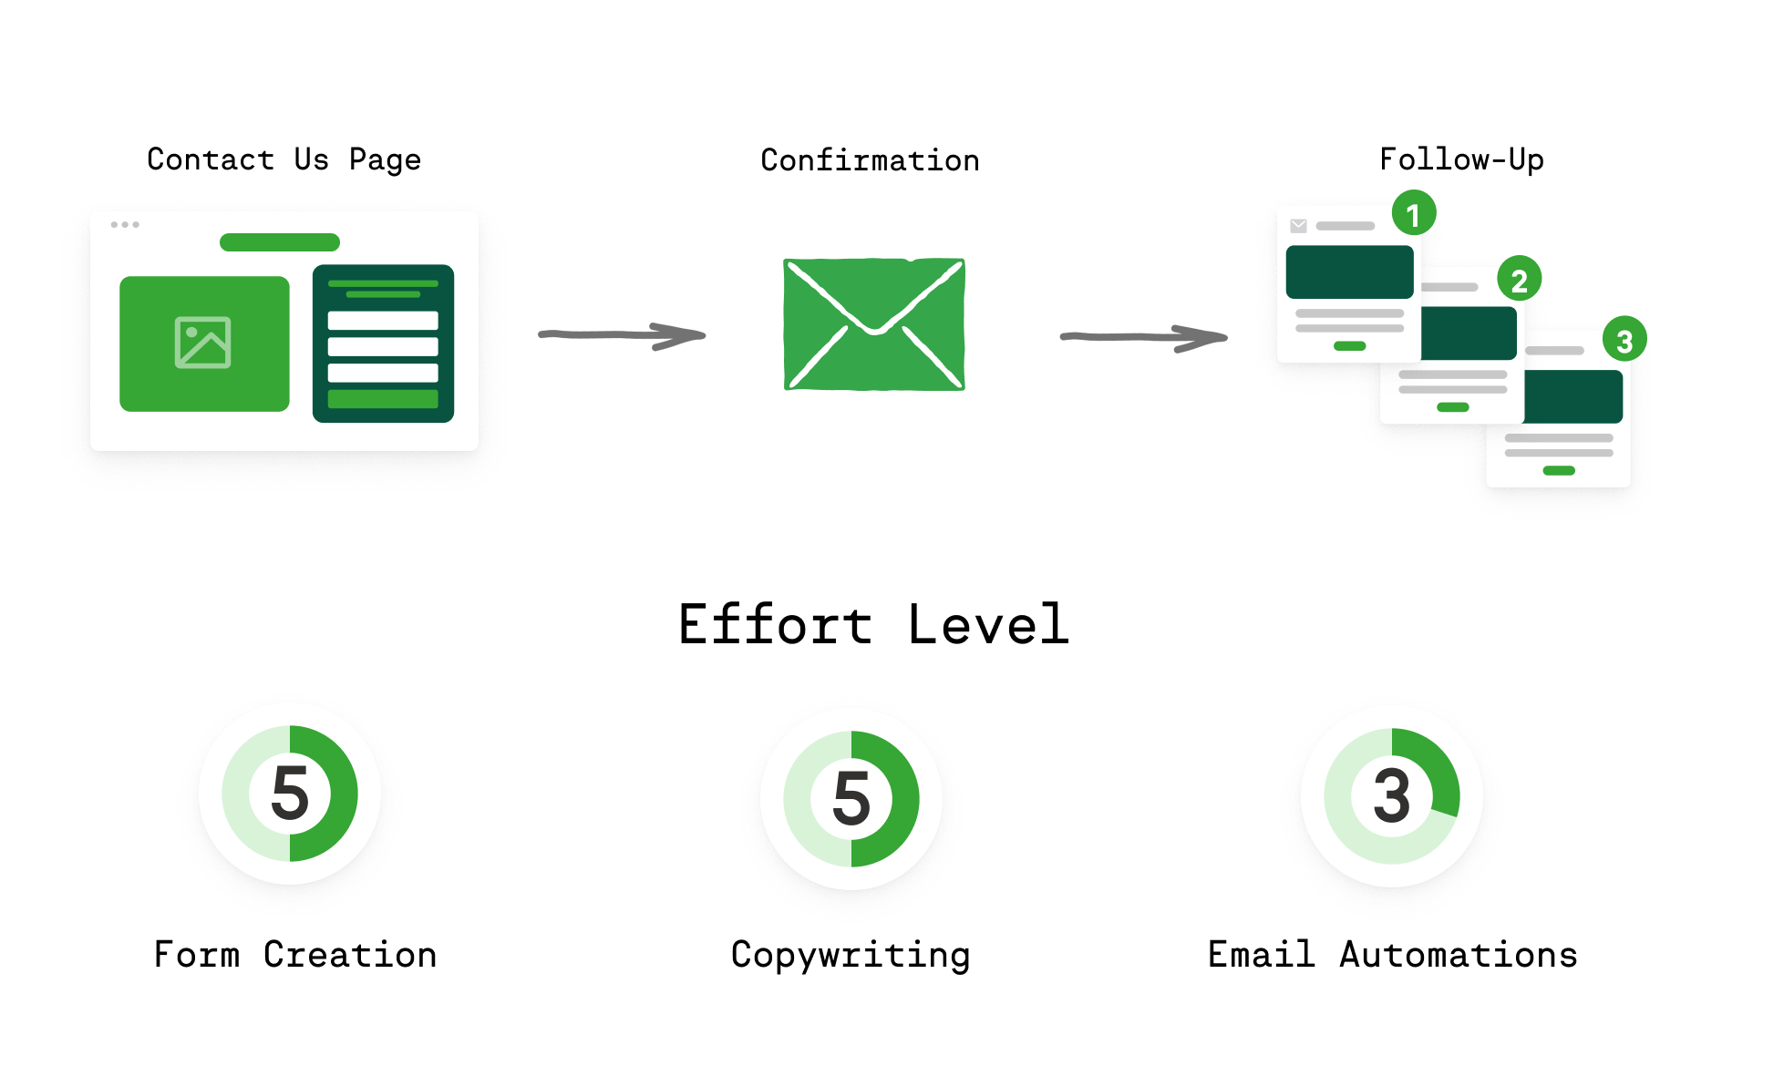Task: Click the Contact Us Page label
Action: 284,160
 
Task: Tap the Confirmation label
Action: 870,160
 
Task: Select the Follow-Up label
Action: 1461,160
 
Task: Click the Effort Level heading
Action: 873,625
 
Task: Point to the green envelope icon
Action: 874,324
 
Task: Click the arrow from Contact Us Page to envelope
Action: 622,335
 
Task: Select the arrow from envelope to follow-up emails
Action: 1143,337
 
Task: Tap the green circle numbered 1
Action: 1413,214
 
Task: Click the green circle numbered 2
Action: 1519,280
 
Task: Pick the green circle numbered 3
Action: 1624,340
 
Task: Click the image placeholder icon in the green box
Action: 203,343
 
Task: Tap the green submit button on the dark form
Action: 383,399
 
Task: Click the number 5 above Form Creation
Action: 290,794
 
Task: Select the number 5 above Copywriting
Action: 851,798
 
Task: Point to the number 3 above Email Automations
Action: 1392,796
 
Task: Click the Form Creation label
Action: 295,955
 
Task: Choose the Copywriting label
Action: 851,955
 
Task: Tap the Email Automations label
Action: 1392,955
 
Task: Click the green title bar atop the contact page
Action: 280,242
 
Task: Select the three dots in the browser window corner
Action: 125,224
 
